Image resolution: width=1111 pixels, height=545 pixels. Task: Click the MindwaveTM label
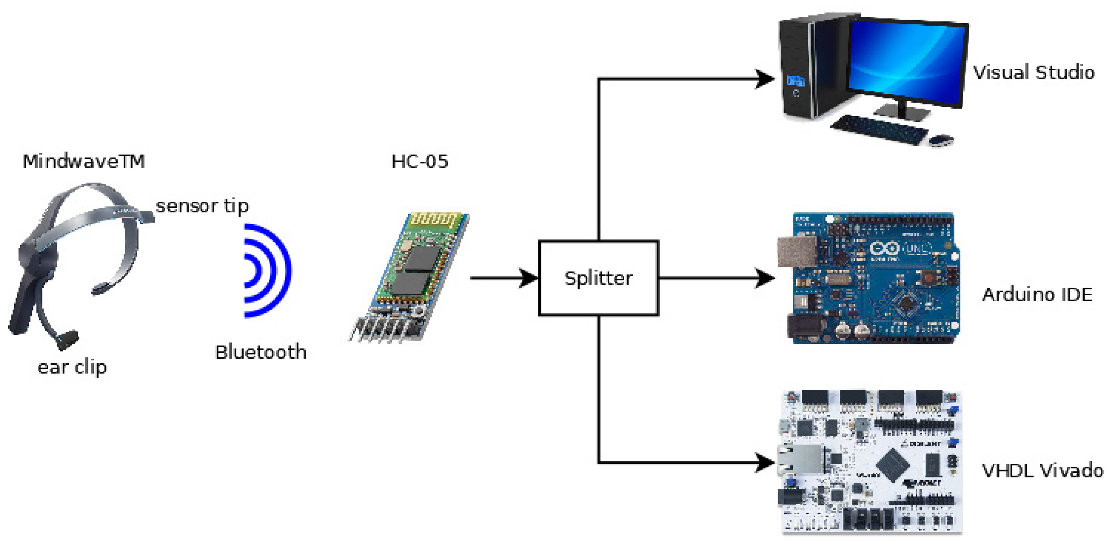click(84, 161)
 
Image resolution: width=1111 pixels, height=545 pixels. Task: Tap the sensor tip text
click(202, 206)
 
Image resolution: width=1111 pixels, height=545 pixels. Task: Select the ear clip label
click(72, 368)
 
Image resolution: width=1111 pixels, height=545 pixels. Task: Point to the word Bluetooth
click(260, 352)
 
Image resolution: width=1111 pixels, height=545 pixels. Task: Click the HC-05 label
click(419, 161)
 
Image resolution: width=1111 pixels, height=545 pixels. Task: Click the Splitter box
click(598, 278)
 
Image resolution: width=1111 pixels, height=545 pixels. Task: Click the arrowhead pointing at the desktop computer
click(764, 79)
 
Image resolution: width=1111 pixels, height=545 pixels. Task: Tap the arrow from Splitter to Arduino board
click(716, 278)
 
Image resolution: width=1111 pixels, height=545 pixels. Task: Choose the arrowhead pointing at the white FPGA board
click(764, 463)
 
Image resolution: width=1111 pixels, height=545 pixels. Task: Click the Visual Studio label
click(1033, 72)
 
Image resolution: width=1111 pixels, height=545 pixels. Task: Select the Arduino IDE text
click(1037, 295)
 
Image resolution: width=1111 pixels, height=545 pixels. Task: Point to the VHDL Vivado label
click(1042, 470)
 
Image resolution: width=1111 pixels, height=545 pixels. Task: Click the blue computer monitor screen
click(906, 60)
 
